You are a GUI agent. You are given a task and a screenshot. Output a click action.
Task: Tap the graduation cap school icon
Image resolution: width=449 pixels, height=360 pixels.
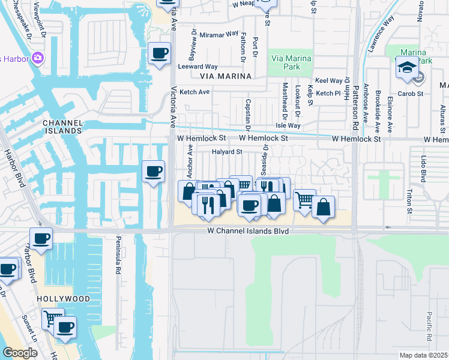tap(406, 68)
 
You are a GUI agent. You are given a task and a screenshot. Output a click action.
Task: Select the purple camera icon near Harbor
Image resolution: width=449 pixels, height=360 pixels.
tap(38, 58)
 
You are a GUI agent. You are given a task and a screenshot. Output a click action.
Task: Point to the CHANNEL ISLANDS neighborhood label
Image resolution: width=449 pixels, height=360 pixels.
tap(62, 127)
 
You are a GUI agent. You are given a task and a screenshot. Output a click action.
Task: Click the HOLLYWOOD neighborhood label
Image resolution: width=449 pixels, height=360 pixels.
tap(63, 298)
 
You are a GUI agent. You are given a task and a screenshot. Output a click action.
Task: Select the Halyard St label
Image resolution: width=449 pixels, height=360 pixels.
tap(226, 152)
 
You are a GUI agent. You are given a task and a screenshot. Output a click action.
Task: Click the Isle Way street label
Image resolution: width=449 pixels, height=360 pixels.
tap(288, 125)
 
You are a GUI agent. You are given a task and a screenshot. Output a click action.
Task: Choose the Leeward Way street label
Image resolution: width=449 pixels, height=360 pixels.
tap(197, 67)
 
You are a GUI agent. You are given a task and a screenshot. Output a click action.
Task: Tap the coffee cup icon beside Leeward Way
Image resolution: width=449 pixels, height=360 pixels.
tap(159, 53)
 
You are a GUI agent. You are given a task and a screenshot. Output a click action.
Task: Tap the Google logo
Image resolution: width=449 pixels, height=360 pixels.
tap(20, 353)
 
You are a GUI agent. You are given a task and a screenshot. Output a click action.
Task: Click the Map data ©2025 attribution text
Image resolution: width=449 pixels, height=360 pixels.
tap(423, 355)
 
